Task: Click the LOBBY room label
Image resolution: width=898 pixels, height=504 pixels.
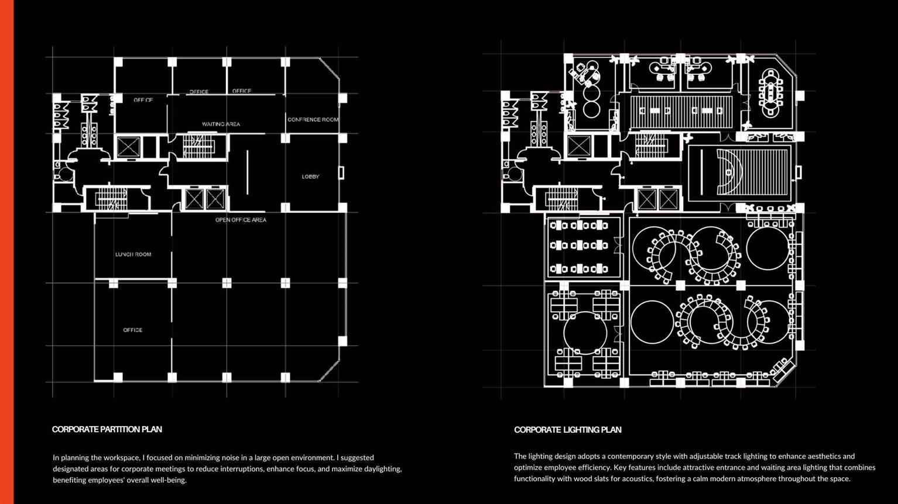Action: [x=310, y=177]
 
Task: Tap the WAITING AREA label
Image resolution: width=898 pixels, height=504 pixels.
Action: [x=221, y=124]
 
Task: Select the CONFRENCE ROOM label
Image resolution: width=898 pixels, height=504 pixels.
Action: [x=313, y=119]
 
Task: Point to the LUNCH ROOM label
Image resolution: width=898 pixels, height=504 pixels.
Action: [x=133, y=254]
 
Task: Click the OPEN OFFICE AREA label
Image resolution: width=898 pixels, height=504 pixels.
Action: [x=241, y=220]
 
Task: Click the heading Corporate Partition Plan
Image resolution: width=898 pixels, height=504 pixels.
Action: [x=107, y=430]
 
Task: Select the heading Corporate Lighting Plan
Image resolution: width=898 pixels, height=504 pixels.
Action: [x=568, y=430]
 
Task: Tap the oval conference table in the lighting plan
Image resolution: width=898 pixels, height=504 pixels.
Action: [x=770, y=94]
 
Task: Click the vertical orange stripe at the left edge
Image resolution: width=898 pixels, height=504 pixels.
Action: [x=7, y=252]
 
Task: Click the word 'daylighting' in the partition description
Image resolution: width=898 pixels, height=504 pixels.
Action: [x=382, y=469]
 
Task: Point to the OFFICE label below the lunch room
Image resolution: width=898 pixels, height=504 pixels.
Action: [x=133, y=330]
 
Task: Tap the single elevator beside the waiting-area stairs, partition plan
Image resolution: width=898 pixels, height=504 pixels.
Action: [x=128, y=147]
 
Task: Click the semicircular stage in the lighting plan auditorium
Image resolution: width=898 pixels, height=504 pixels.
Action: [x=728, y=172]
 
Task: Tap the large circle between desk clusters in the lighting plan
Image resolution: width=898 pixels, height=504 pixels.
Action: [x=585, y=333]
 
